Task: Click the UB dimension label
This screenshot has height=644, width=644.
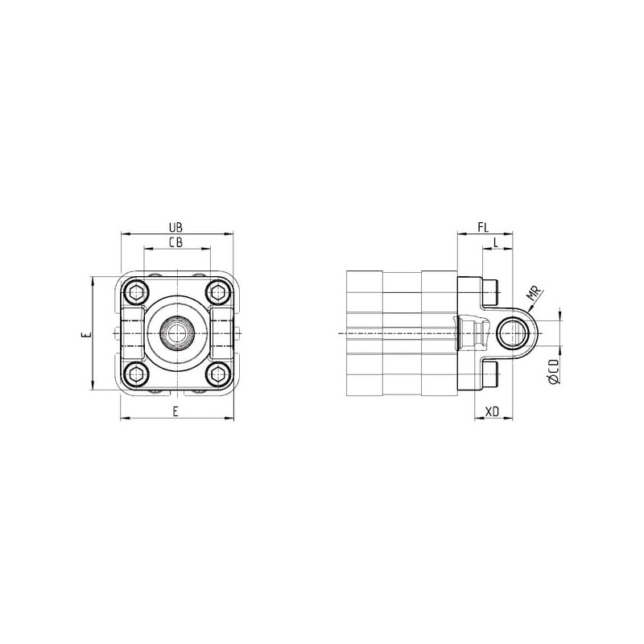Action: [175, 227]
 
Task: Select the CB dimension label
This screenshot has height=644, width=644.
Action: [175, 242]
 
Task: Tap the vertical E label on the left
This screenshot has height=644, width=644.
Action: [85, 335]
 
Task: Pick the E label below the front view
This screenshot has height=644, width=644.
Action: [175, 411]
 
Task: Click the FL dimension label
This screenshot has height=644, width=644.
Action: [484, 227]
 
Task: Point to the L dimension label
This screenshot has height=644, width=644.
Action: [496, 242]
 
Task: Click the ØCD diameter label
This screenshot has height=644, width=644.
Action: [554, 372]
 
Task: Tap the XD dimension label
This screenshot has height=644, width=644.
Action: [492, 411]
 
